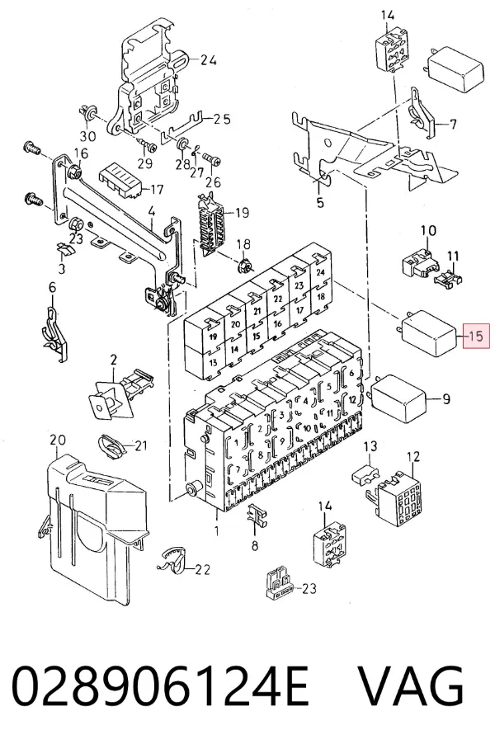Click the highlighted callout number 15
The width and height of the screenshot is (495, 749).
[x=476, y=336]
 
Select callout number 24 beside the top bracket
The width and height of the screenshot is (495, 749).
[x=209, y=60]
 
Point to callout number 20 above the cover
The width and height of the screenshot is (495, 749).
[x=58, y=440]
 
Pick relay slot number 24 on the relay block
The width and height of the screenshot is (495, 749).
[x=321, y=272]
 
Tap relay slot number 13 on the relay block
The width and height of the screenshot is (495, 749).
[x=212, y=362]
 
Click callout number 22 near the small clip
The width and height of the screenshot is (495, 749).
[x=202, y=569]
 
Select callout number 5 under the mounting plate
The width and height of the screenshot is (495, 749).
[x=320, y=203]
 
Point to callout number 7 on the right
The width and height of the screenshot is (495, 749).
[x=452, y=125]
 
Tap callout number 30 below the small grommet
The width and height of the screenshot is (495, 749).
[x=87, y=136]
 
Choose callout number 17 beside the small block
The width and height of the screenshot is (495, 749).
[x=157, y=190]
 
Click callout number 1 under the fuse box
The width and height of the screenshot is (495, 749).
[x=217, y=530]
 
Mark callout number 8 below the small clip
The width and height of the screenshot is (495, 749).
[x=255, y=544]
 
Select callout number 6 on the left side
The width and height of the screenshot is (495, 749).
[x=52, y=287]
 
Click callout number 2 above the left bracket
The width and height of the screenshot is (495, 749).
[x=113, y=360]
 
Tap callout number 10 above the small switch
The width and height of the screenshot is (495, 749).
[x=428, y=230]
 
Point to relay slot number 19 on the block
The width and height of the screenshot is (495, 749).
[x=213, y=337]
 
